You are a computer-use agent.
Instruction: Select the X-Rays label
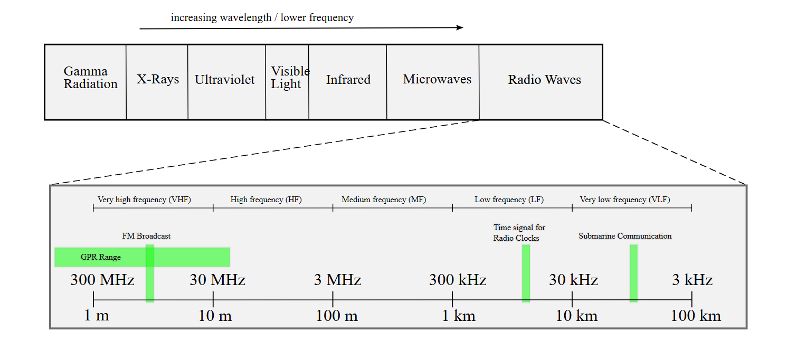pos(158,80)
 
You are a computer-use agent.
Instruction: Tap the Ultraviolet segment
pos(225,80)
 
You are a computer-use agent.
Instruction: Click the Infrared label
pos(348,80)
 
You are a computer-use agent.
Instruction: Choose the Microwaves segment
pos(437,79)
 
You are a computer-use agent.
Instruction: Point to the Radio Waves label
pos(544,80)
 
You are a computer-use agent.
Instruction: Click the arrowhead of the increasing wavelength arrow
pos(460,27)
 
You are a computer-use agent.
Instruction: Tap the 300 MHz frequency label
pos(102,280)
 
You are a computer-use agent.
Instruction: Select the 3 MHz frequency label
pos(337,280)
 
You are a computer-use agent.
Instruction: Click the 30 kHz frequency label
pos(573,280)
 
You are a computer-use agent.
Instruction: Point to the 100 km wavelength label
pos(696,316)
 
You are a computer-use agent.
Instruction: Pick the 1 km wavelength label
pos(458,316)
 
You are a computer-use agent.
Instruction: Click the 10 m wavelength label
pos(215,316)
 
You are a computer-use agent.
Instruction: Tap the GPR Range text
pos(101,258)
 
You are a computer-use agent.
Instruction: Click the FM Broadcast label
pos(146,236)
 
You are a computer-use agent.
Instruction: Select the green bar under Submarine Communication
pos(633,273)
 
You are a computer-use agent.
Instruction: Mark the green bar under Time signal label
pos(526,273)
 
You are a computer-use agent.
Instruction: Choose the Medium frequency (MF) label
pos(384,200)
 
